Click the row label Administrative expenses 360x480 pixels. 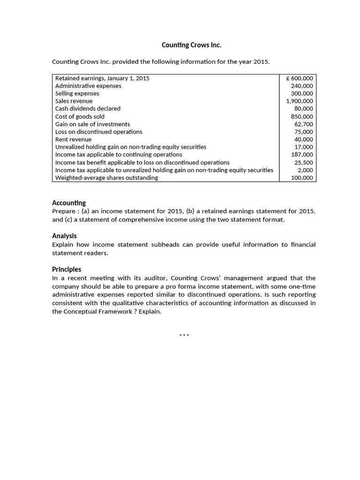(88, 86)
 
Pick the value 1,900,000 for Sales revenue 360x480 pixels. (300, 101)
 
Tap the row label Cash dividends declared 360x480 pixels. (88, 109)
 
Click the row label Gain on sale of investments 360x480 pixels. (92, 124)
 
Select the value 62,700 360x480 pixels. (304, 124)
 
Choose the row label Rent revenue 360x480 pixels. (74, 139)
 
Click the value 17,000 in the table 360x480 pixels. (304, 147)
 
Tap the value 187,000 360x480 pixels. (302, 155)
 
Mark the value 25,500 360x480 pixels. (304, 163)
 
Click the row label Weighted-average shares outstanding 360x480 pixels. (106, 178)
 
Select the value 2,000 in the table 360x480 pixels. (306, 170)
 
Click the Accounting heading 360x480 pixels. (69, 203)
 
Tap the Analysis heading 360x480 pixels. (64, 236)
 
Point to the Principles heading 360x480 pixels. (67, 269)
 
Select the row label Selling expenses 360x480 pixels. (77, 94)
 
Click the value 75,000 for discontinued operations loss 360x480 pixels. (304, 132)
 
